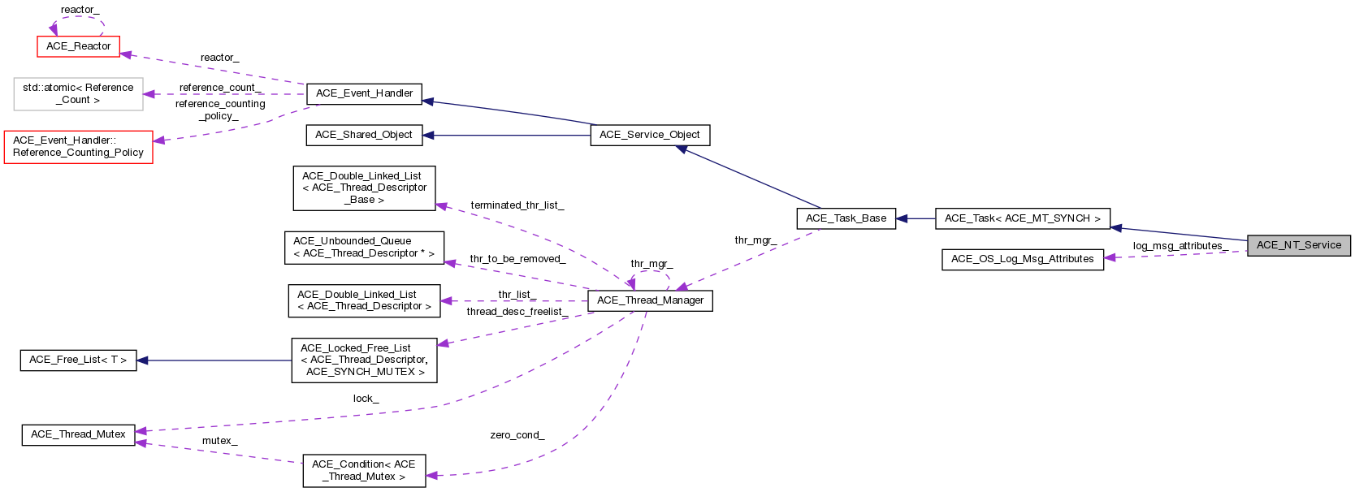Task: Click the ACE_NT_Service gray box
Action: pos(1298,245)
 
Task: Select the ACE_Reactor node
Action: pos(78,46)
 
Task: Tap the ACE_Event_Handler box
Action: pos(364,93)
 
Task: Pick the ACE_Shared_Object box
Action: pos(364,135)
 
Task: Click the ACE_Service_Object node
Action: pos(649,135)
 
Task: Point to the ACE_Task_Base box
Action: pos(846,218)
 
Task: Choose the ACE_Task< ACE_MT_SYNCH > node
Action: pos(1022,218)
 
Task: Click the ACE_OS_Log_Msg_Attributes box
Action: pos(1022,259)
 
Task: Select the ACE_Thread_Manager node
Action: pos(650,300)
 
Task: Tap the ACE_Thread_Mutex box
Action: pos(78,434)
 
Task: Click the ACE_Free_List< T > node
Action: pos(78,360)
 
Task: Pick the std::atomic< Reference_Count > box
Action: pos(78,93)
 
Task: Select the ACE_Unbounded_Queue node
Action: pos(364,247)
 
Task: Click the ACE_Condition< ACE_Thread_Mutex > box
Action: pos(364,470)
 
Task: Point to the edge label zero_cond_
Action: pos(517,435)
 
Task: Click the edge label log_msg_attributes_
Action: pos(1180,246)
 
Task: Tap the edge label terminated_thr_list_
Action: pos(517,205)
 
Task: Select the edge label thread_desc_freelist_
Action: pos(517,312)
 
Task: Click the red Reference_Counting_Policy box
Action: pos(78,146)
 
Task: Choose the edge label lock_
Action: pos(366,399)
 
